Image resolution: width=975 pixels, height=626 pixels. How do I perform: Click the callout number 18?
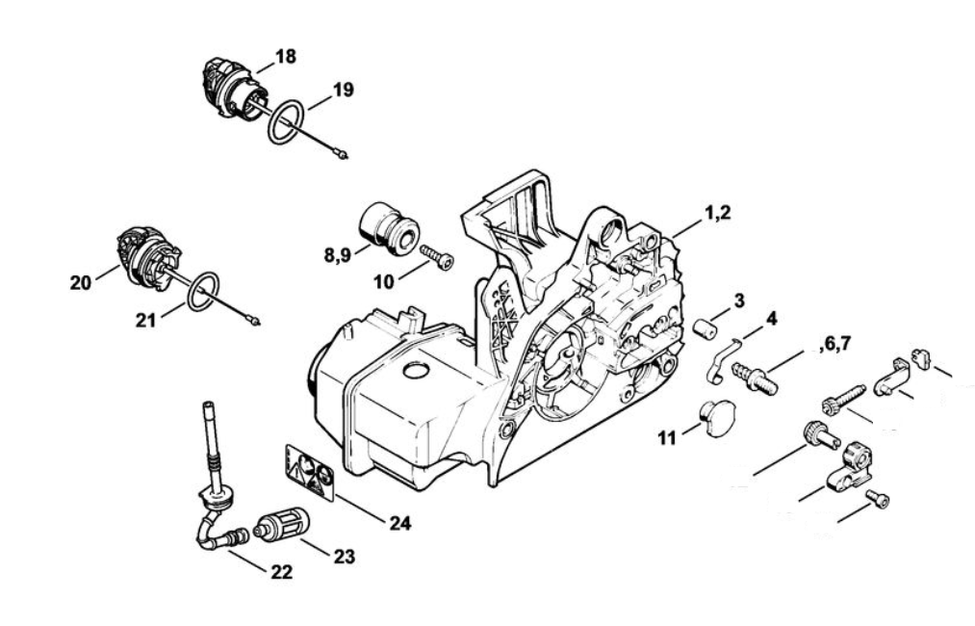pyautogui.click(x=286, y=57)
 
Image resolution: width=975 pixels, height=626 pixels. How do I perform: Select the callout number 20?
pyautogui.click(x=80, y=283)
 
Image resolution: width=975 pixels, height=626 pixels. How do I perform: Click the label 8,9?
pyautogui.click(x=338, y=255)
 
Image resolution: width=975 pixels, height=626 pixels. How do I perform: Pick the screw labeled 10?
pyautogui.click(x=437, y=256)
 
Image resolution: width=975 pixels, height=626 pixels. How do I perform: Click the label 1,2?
pyautogui.click(x=718, y=213)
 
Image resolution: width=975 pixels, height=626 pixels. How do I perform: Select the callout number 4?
pyautogui.click(x=771, y=319)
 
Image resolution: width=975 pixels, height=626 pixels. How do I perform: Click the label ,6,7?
pyautogui.click(x=834, y=344)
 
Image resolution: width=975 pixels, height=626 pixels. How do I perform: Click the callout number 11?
pyautogui.click(x=667, y=439)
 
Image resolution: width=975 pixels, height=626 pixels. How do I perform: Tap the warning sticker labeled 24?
pyautogui.click(x=309, y=471)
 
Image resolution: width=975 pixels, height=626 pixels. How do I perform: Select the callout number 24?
pyautogui.click(x=400, y=523)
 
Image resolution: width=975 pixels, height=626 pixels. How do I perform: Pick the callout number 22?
pyautogui.click(x=281, y=572)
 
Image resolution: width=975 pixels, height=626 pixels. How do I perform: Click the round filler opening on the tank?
pyautogui.click(x=416, y=370)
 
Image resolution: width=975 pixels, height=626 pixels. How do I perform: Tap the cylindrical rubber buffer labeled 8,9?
pyautogui.click(x=389, y=226)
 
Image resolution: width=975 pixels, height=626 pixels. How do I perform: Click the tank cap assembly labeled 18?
pyautogui.click(x=231, y=91)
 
